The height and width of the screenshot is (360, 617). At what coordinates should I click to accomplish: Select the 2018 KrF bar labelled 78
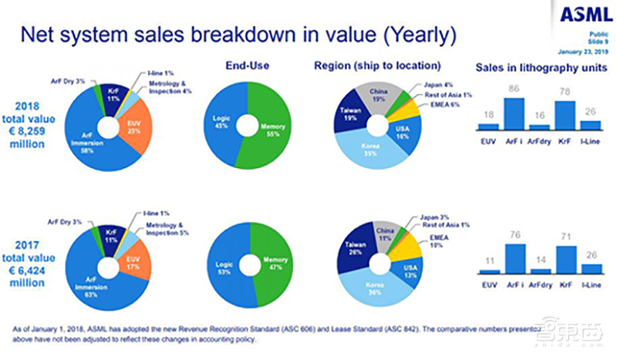pyautogui.click(x=565, y=115)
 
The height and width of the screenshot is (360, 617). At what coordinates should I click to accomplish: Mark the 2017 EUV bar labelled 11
pyautogui.click(x=488, y=271)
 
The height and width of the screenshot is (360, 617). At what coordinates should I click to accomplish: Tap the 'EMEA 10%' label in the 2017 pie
pyautogui.click(x=440, y=241)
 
